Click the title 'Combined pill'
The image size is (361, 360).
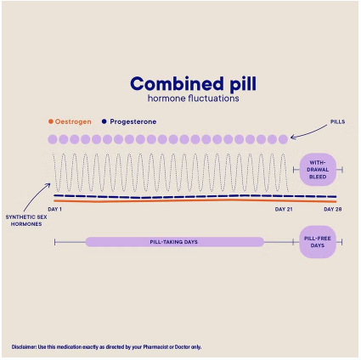[x=193, y=84]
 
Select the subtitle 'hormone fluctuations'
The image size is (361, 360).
[x=193, y=98]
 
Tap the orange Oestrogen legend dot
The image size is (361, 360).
[x=51, y=121]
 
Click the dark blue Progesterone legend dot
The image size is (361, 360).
[x=104, y=121]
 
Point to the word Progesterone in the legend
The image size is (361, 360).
[x=133, y=121]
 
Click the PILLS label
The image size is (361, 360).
[x=337, y=122]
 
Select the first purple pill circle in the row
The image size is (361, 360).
[x=53, y=139]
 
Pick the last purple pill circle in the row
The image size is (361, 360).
[x=283, y=139]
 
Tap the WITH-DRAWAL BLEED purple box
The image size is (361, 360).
[x=318, y=170]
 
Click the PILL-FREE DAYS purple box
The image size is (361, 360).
[x=318, y=242]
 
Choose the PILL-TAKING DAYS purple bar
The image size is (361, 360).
[x=175, y=242]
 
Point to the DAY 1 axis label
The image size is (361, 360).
[x=54, y=210]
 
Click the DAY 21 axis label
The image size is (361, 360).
[x=284, y=210]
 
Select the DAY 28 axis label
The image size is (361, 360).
[x=333, y=210]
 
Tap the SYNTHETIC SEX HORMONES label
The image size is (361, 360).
[x=26, y=221]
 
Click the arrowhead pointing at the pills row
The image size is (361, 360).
[x=292, y=138]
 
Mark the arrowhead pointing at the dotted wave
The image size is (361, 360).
[x=48, y=185]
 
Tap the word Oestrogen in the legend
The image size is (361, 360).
[x=73, y=121]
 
